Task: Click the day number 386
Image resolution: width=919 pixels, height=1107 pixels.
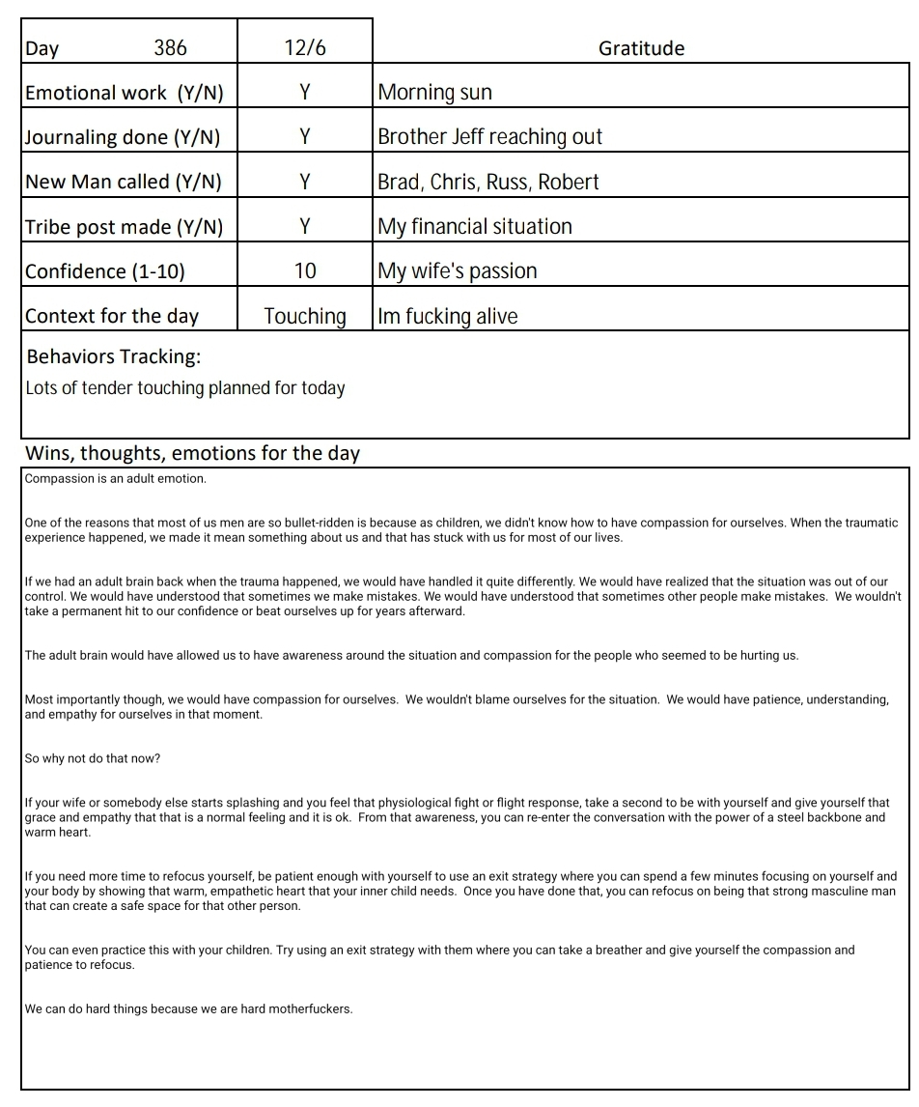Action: click(170, 48)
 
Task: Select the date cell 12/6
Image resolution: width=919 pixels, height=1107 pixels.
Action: click(305, 48)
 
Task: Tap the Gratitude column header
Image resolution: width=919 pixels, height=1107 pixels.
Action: click(641, 48)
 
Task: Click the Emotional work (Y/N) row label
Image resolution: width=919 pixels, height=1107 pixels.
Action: click(124, 93)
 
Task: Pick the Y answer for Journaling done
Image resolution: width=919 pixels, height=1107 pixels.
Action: click(305, 137)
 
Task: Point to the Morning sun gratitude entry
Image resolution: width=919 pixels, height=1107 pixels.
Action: click(434, 93)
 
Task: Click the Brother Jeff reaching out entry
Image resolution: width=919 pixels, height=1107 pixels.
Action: click(489, 137)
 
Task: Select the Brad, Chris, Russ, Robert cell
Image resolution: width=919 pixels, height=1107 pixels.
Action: click(488, 182)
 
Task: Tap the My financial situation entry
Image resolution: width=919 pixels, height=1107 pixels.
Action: click(475, 226)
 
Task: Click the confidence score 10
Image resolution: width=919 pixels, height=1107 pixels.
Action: click(305, 270)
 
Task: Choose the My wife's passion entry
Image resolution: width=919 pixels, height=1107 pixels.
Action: click(457, 270)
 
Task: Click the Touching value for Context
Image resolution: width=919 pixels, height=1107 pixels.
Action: click(305, 316)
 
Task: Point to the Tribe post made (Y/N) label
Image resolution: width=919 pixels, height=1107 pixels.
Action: click(124, 227)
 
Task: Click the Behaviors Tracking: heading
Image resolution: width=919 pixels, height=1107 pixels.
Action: click(114, 356)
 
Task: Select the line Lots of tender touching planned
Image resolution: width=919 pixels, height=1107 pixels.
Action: click(185, 388)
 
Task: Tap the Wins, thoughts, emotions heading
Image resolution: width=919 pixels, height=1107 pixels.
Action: click(192, 453)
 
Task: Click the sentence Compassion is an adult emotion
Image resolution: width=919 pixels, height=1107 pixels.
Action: click(116, 478)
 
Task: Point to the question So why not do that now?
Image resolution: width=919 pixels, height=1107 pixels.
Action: click(93, 758)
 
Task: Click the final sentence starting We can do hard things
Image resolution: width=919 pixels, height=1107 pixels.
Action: click(189, 1008)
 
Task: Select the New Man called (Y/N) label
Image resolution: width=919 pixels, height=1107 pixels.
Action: click(124, 182)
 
